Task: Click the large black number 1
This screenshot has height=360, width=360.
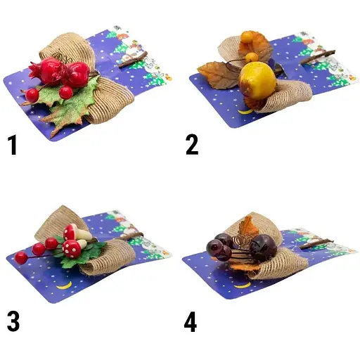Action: (x=13, y=145)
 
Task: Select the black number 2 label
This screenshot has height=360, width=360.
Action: (x=192, y=145)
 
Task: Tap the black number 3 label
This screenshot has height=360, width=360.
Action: (x=13, y=321)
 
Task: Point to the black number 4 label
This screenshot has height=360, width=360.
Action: (x=191, y=322)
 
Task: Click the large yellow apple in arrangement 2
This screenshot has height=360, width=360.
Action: (x=257, y=81)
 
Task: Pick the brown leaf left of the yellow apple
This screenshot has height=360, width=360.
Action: (x=217, y=75)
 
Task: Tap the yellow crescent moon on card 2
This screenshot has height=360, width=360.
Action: (x=245, y=112)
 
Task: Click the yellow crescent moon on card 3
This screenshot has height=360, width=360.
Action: (x=64, y=285)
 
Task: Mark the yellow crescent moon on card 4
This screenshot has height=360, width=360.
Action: (x=243, y=285)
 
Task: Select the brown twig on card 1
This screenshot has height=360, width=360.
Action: (x=133, y=60)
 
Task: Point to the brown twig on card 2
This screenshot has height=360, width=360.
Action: (x=318, y=57)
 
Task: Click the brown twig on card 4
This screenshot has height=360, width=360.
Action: (x=316, y=244)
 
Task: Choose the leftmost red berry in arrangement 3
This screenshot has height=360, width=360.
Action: (x=20, y=257)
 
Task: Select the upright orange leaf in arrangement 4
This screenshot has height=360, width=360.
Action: (x=248, y=226)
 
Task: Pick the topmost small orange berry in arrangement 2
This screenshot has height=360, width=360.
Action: (x=247, y=37)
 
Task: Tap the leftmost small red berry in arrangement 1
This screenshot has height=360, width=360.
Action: (x=32, y=96)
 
